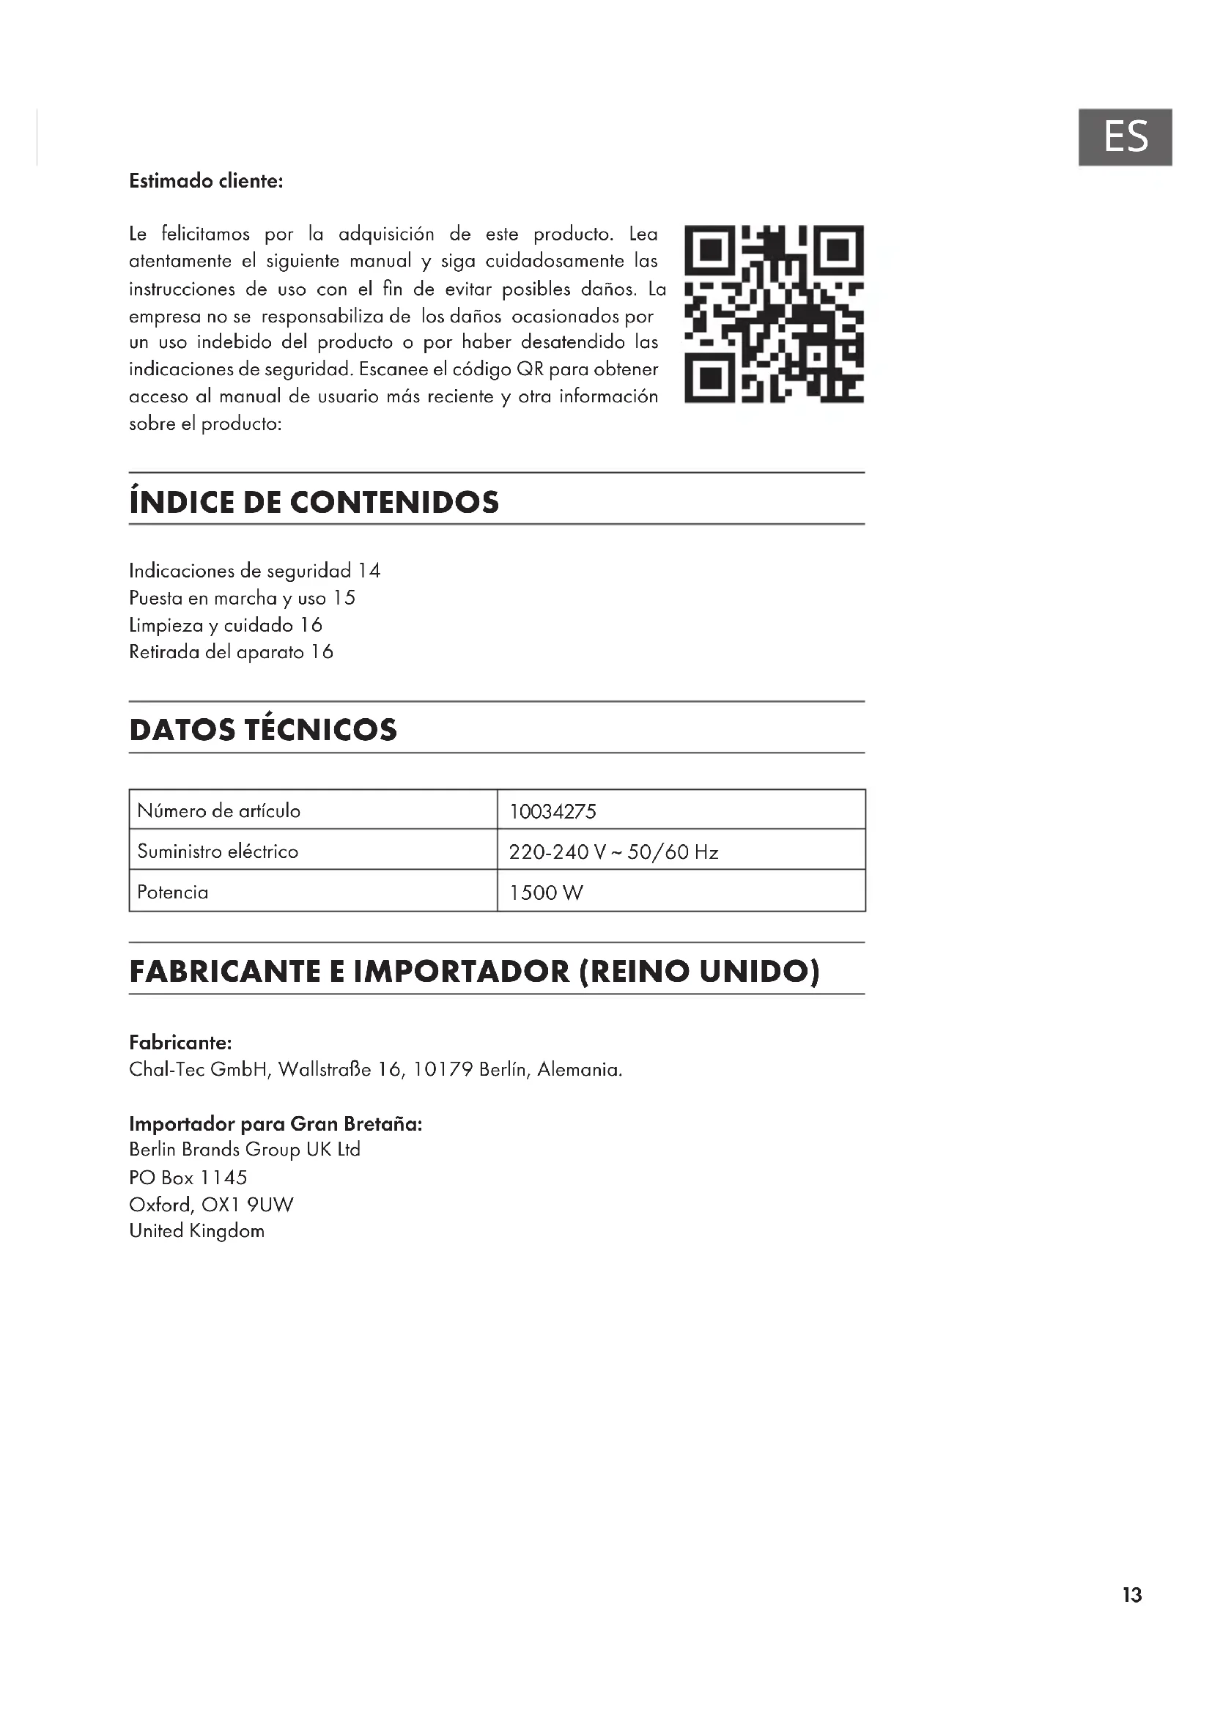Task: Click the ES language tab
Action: [1125, 137]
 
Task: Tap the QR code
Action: [774, 314]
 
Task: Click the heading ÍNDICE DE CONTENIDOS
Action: [314, 502]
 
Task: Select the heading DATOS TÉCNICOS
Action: [263, 729]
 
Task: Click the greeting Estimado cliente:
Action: [206, 182]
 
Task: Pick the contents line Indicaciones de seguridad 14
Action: [254, 571]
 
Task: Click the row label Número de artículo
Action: [218, 810]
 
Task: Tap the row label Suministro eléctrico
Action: [217, 851]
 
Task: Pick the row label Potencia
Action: [172, 892]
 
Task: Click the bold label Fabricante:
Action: [180, 1042]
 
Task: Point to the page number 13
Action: [1131, 1595]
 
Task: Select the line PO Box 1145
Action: [188, 1178]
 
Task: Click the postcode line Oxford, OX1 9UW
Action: [211, 1204]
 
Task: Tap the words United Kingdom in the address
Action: [197, 1231]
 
